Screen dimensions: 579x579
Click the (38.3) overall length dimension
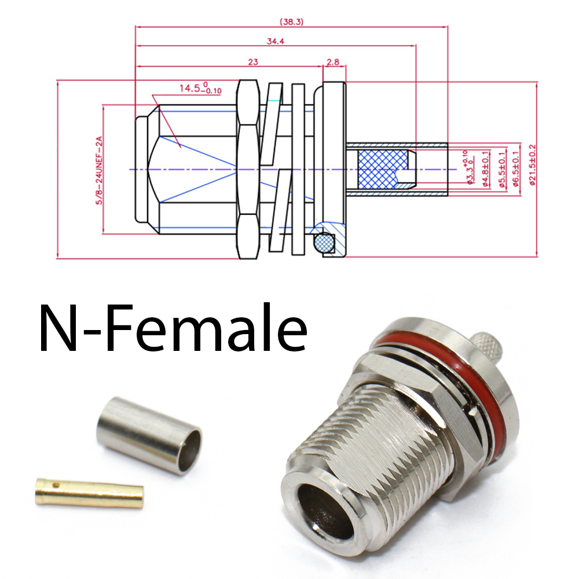click(x=291, y=22)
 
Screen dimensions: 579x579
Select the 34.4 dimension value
click(x=276, y=41)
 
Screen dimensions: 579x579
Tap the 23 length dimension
click(x=252, y=61)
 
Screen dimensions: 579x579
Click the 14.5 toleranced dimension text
click(x=200, y=89)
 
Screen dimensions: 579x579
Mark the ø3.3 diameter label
click(x=469, y=169)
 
